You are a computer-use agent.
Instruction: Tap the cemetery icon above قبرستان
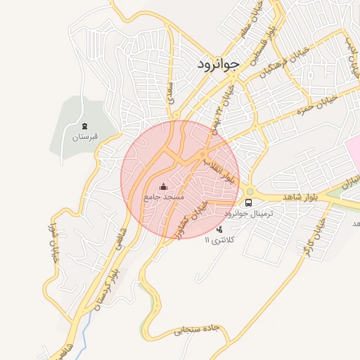point(85,125)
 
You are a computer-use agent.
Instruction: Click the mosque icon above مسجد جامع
point(164,187)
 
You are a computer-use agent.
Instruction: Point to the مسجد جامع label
point(164,198)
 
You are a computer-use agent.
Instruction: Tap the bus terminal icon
point(248,202)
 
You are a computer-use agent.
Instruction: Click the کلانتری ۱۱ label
point(222,240)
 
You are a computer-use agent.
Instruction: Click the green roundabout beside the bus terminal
point(250,191)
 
